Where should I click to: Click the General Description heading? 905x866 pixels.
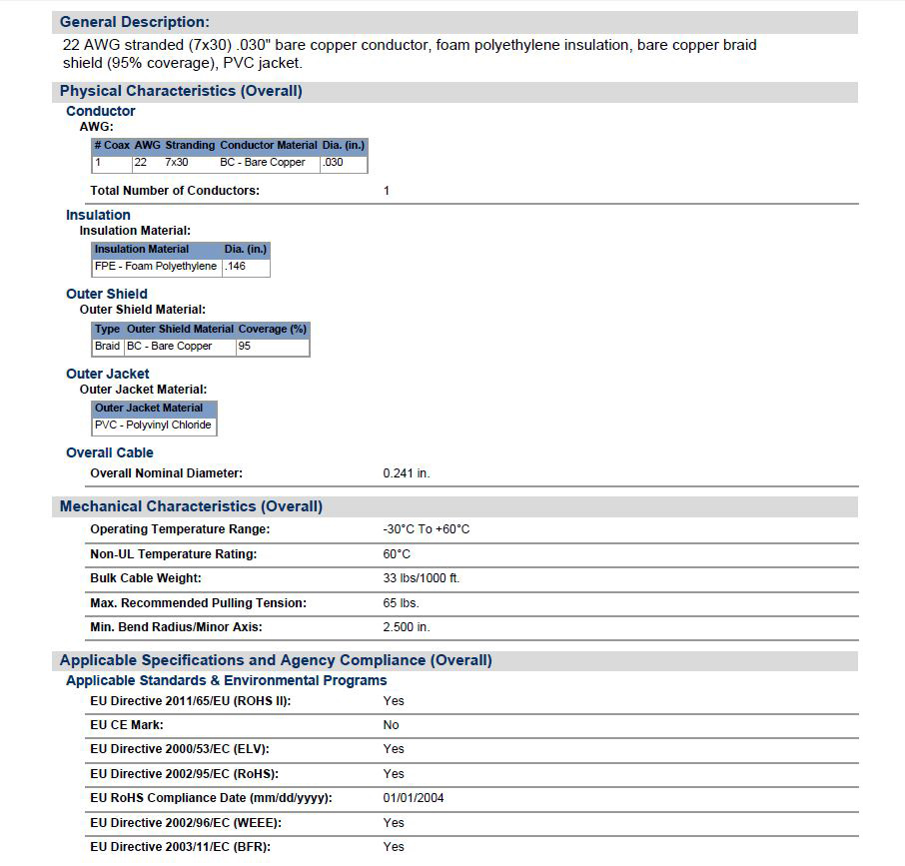click(x=135, y=22)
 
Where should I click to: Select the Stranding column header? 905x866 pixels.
click(x=190, y=146)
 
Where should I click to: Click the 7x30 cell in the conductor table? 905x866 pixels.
click(x=177, y=163)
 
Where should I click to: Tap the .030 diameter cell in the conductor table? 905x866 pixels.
click(x=333, y=163)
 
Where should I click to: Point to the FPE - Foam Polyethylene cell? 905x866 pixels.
click(x=156, y=267)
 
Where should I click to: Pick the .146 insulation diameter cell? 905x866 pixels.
click(x=235, y=267)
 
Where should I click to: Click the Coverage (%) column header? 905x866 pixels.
click(x=272, y=329)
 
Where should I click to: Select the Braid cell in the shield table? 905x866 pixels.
click(x=107, y=347)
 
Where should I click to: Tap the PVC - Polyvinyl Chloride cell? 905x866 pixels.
click(x=153, y=426)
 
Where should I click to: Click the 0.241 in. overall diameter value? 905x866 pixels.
click(x=407, y=473)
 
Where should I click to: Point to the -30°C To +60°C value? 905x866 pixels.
click(x=427, y=529)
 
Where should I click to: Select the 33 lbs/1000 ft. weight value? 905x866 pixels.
click(x=422, y=578)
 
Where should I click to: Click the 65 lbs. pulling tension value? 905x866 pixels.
click(x=402, y=603)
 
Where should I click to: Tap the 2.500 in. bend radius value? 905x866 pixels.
click(x=407, y=627)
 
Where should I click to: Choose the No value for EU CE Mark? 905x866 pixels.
click(x=391, y=725)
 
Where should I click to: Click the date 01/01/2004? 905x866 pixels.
click(x=414, y=798)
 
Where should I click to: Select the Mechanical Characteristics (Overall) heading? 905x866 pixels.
click(x=191, y=506)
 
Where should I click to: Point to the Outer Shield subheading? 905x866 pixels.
click(x=107, y=294)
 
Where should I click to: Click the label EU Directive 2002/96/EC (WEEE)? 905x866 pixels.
click(x=186, y=823)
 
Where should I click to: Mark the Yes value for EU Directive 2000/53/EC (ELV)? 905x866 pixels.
click(x=394, y=749)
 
